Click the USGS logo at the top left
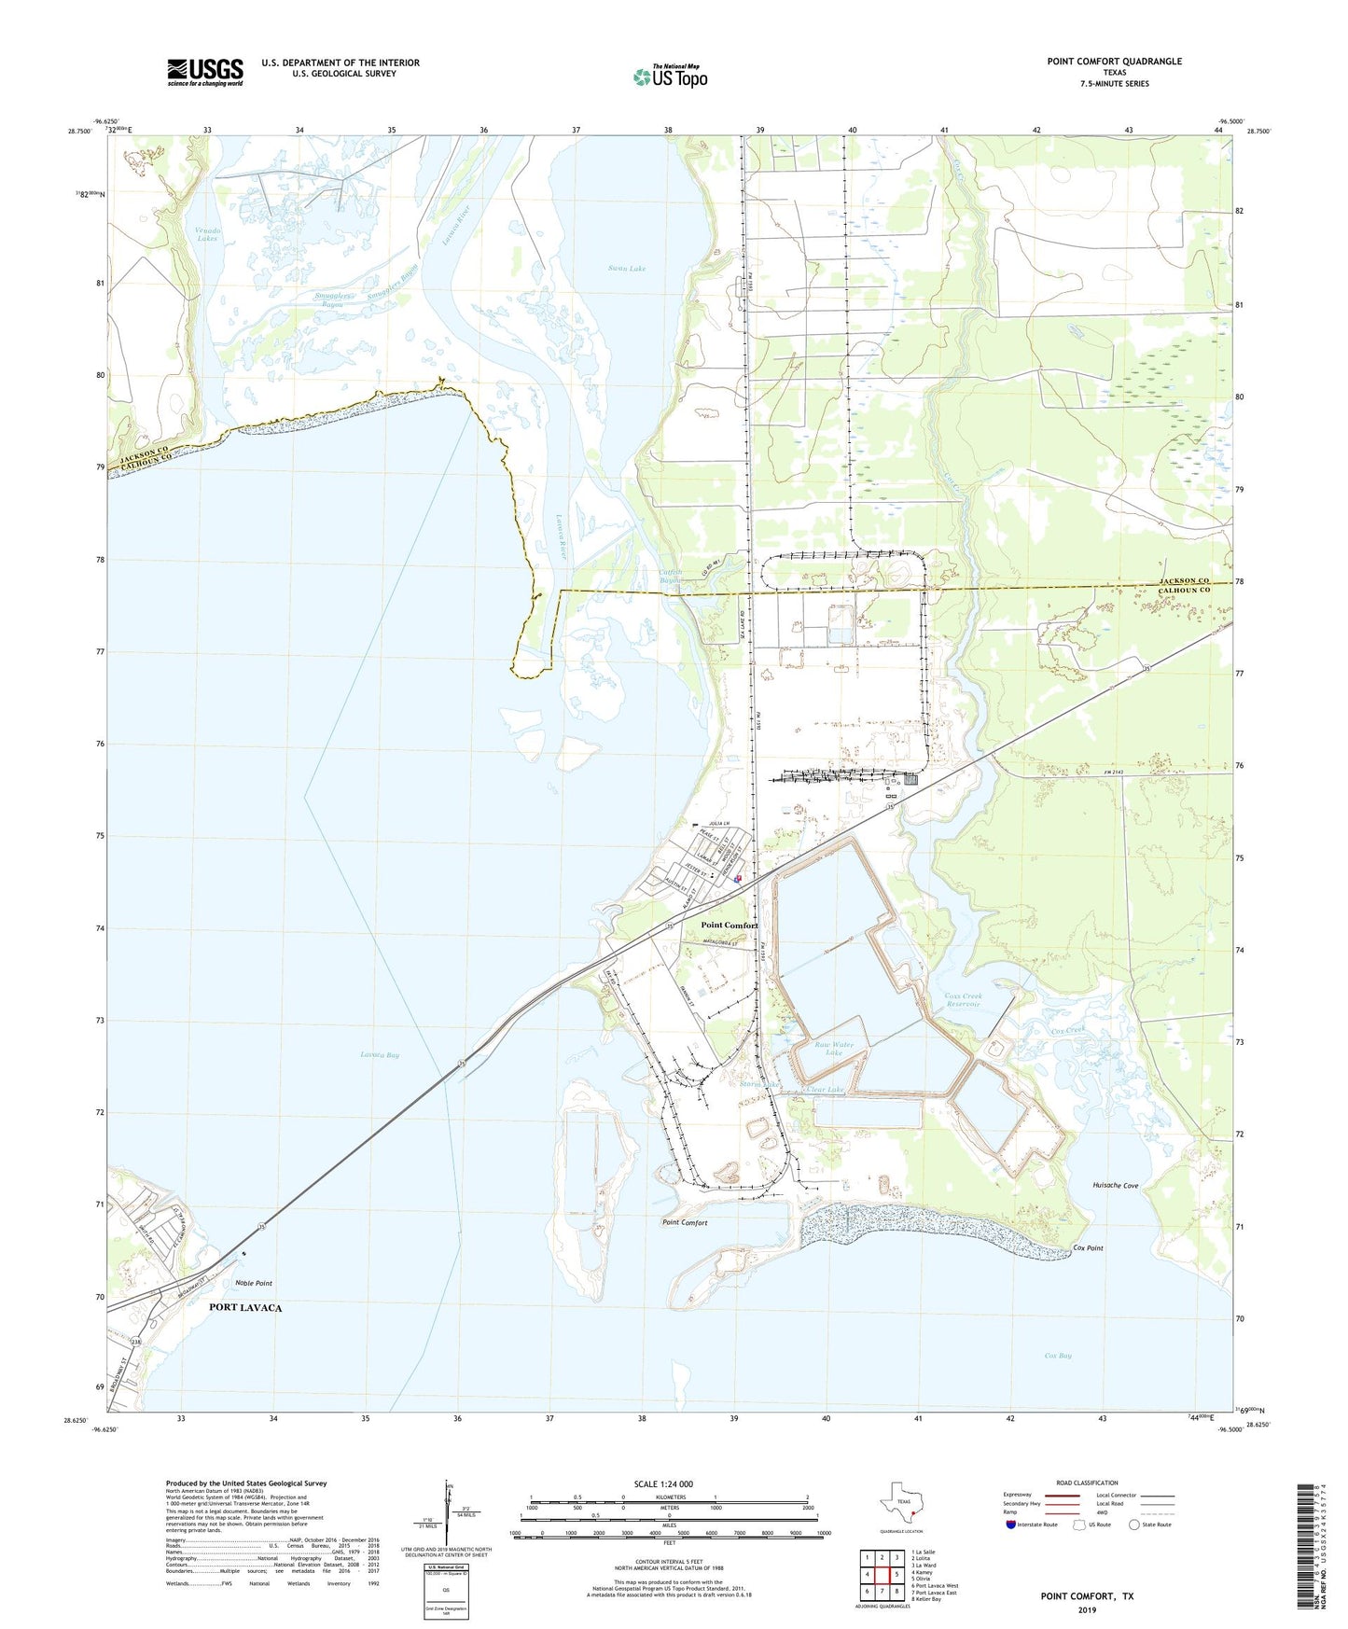point(205,72)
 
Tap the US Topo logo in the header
point(670,77)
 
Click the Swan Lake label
point(627,269)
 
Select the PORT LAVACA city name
point(245,1307)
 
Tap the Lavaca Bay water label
point(380,1055)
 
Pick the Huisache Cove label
point(1115,1185)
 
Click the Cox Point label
point(1089,1247)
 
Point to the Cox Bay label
point(1058,1355)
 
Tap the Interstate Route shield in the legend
point(1011,1525)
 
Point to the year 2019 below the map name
point(1087,1609)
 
